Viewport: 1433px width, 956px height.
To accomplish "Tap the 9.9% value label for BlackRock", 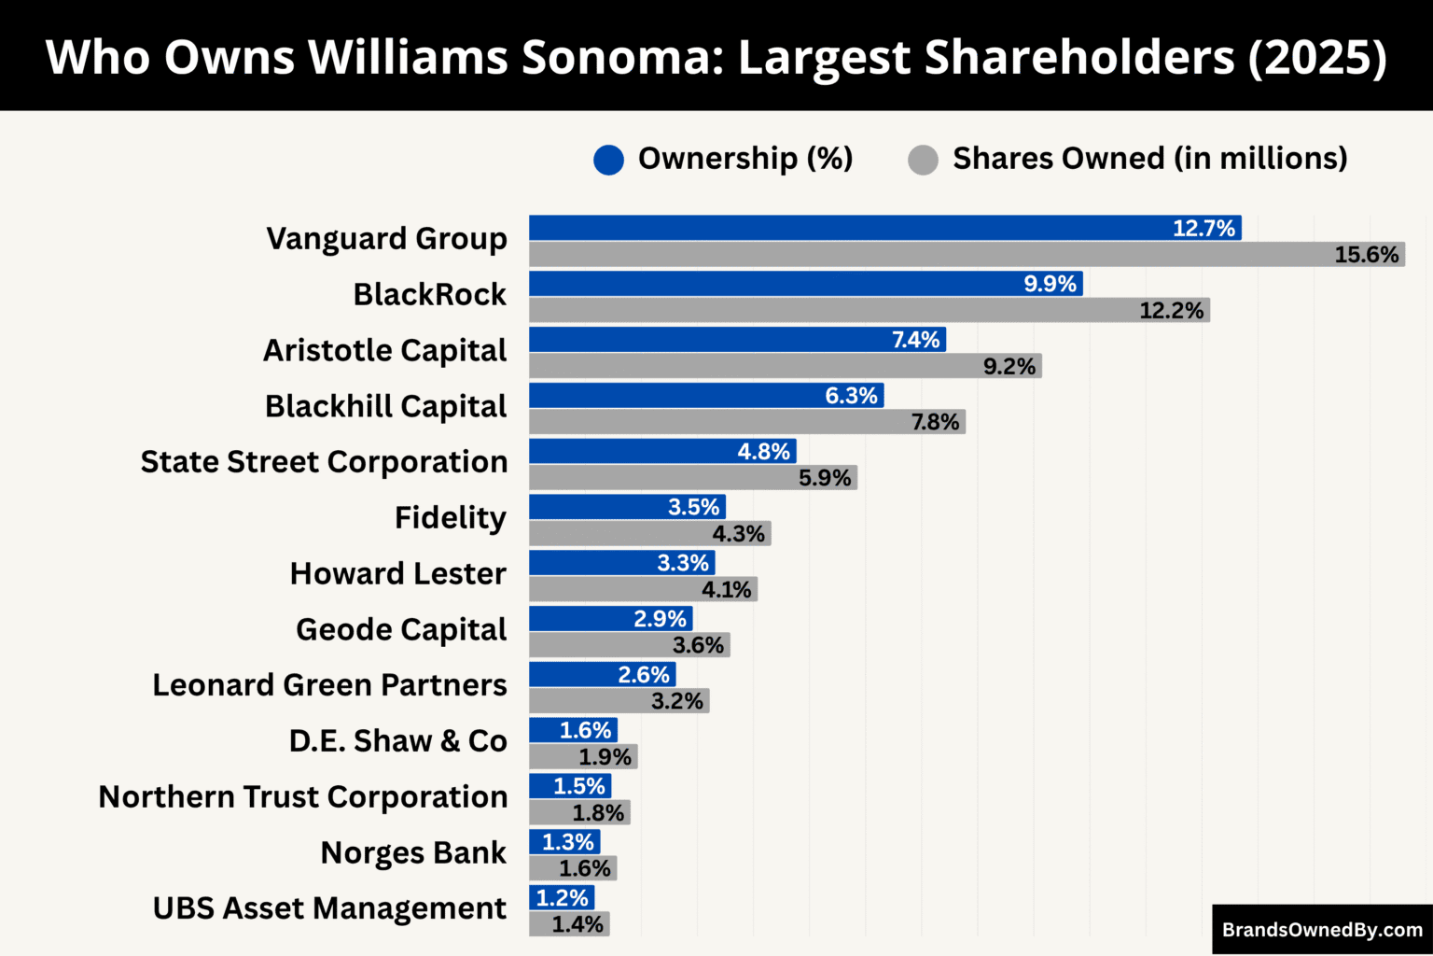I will [1050, 284].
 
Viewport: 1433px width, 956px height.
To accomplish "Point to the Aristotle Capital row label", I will [384, 350].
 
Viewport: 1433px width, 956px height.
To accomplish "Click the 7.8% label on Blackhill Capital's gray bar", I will [935, 422].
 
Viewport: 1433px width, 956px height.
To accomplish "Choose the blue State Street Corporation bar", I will [662, 451].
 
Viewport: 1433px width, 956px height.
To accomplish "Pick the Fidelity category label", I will [450, 517].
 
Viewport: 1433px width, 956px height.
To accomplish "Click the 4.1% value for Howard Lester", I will [726, 589].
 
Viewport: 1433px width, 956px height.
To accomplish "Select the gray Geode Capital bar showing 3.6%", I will [629, 645].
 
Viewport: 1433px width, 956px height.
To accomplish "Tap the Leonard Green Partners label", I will [329, 684].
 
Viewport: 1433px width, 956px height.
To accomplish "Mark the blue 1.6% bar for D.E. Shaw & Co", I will [573, 730].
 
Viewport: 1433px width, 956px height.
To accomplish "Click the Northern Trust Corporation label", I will [302, 796].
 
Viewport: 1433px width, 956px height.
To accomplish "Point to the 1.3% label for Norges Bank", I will [567, 842].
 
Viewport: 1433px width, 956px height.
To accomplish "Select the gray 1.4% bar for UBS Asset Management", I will [569, 924].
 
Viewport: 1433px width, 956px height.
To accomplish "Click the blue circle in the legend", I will [608, 160].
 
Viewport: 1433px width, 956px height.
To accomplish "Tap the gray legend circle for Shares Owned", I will [923, 160].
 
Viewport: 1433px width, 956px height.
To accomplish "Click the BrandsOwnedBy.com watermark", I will [1322, 930].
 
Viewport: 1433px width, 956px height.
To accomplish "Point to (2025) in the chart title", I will [1317, 57].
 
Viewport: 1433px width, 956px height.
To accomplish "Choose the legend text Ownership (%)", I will [744, 159].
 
